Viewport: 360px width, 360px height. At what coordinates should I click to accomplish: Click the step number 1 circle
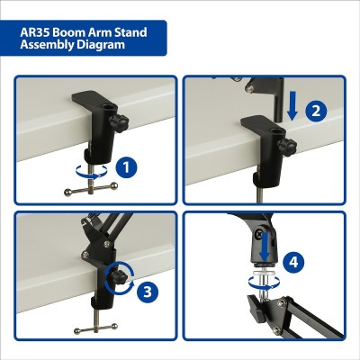pyautogui.click(x=129, y=166)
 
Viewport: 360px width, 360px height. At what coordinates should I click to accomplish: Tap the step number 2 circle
pyautogui.click(x=315, y=112)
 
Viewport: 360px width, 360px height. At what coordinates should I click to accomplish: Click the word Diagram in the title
pyautogui.click(x=102, y=45)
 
